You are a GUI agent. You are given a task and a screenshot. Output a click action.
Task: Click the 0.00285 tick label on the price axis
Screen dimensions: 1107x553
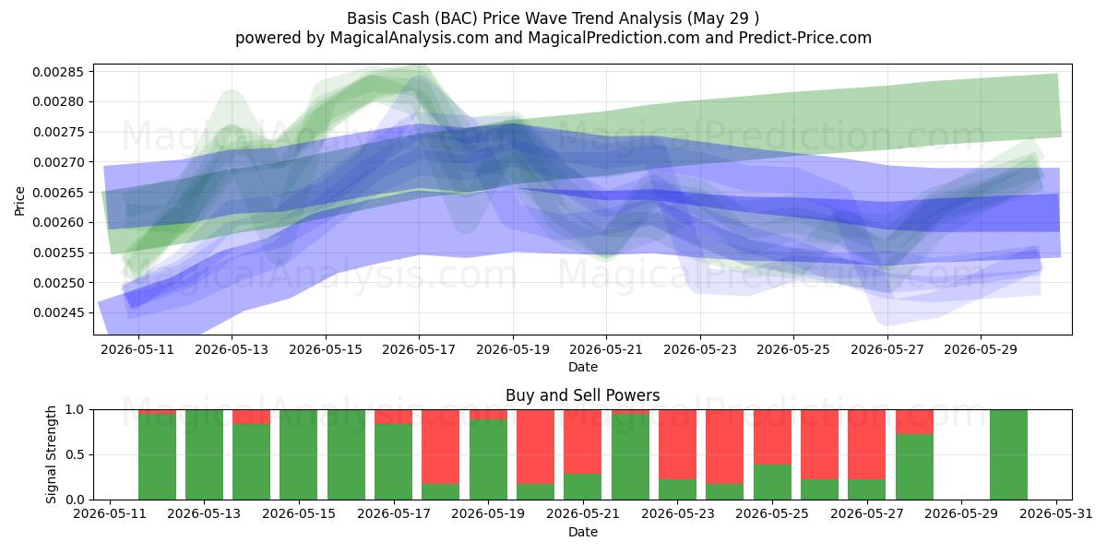pyautogui.click(x=58, y=72)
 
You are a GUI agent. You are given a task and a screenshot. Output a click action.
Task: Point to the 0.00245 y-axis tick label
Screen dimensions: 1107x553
pyautogui.click(x=58, y=313)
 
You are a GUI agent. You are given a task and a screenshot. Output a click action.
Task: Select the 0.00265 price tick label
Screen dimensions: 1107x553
pyautogui.click(x=58, y=193)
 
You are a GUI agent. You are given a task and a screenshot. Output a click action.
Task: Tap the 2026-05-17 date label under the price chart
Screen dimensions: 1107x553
pyautogui.click(x=419, y=349)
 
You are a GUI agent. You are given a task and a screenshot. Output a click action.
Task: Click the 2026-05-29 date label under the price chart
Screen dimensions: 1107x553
pyautogui.click(x=981, y=349)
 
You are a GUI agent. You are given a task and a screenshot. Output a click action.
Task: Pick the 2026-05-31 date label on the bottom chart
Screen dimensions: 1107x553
pyautogui.click(x=1056, y=514)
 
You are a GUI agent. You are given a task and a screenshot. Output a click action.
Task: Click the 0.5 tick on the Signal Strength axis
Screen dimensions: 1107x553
pyautogui.click(x=75, y=454)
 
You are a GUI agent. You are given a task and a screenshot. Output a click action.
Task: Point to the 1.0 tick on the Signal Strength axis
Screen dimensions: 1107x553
pyautogui.click(x=75, y=410)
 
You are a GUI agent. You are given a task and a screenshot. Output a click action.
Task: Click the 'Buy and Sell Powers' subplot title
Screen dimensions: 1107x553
pyautogui.click(x=583, y=395)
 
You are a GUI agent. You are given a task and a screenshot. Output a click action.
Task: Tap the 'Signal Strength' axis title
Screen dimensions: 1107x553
pyautogui.click(x=51, y=454)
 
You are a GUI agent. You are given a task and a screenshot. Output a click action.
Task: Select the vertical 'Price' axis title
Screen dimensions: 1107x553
pyautogui.click(x=19, y=201)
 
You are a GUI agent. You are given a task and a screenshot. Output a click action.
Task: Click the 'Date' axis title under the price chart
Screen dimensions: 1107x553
pyautogui.click(x=583, y=367)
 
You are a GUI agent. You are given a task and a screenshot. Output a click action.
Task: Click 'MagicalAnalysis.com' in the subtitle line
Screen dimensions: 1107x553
pyautogui.click(x=410, y=38)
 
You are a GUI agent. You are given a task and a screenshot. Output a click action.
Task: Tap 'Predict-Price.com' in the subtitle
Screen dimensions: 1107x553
pyautogui.click(x=805, y=38)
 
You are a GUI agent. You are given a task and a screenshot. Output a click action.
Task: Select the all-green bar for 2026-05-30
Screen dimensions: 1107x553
pyautogui.click(x=1008, y=454)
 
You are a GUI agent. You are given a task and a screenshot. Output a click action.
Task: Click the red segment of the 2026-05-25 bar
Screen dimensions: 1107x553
pyautogui.click(x=772, y=437)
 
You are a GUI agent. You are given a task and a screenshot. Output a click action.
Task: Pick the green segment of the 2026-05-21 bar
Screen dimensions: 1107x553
pyautogui.click(x=583, y=487)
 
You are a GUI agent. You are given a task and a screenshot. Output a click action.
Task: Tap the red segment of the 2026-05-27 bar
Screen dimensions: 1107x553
pyautogui.click(x=867, y=444)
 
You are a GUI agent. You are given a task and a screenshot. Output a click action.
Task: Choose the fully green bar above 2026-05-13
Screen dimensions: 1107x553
pyautogui.click(x=204, y=454)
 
